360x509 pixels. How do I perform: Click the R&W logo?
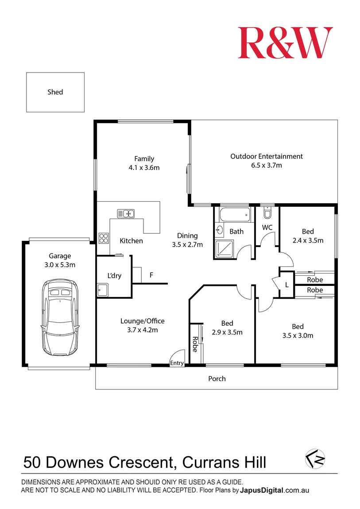point(285,43)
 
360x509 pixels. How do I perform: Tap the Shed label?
point(55,92)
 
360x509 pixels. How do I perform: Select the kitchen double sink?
point(126,214)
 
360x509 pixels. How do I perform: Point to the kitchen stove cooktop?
point(104,238)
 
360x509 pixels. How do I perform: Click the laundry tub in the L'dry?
point(103,290)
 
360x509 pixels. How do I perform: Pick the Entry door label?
point(177,363)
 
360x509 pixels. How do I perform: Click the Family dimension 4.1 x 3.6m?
point(144,168)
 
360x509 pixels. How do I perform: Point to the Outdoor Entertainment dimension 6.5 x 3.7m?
point(266,166)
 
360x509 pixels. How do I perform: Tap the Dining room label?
point(187,235)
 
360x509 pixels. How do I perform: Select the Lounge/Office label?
point(143,321)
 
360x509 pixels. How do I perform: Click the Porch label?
point(217,378)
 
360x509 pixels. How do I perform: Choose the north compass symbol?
point(315,459)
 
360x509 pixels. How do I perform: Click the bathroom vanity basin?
point(220,230)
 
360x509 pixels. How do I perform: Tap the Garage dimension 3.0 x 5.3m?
point(60,265)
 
